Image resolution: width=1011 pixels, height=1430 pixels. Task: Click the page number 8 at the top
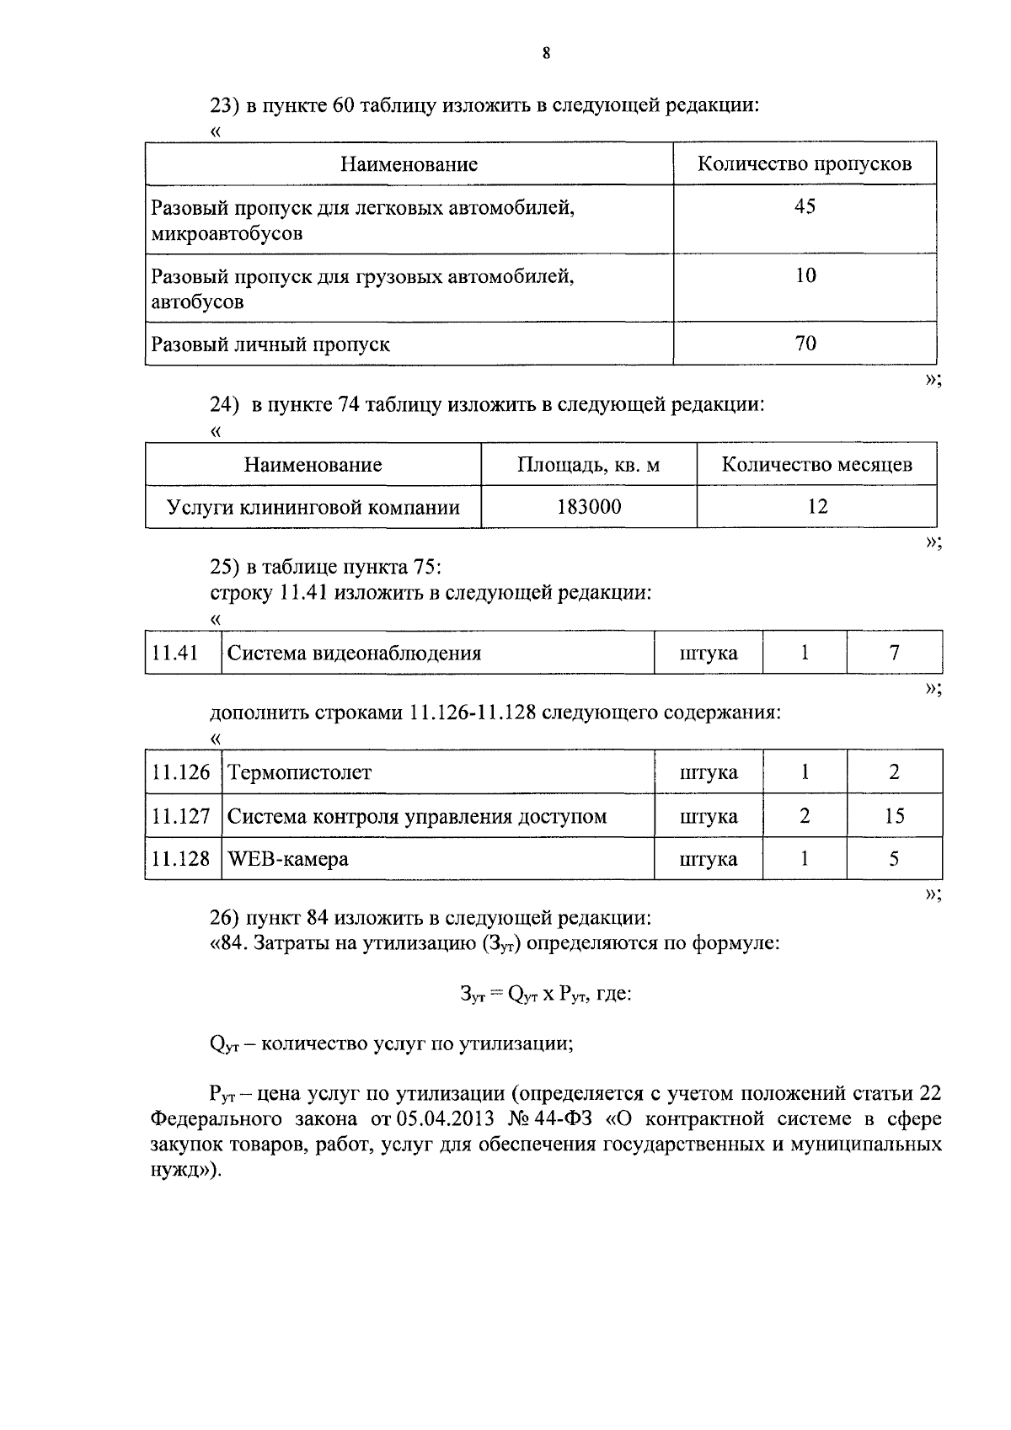[546, 54]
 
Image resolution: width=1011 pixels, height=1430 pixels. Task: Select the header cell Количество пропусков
[804, 163]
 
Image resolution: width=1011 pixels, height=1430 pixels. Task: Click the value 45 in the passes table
[805, 207]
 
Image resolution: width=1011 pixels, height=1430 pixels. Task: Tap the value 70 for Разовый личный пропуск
[805, 344]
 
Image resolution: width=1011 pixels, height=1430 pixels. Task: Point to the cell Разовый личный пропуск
[270, 344]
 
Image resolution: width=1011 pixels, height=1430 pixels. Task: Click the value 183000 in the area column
[589, 507]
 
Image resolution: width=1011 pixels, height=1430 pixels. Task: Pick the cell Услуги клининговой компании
[313, 507]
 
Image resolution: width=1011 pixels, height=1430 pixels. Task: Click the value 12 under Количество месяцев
[816, 507]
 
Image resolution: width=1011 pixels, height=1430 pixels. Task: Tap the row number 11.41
[175, 653]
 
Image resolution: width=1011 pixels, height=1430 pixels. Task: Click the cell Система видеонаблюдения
[355, 653]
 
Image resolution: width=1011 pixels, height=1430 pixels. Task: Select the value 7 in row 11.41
[894, 653]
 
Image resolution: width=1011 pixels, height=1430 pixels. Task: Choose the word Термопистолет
[299, 772]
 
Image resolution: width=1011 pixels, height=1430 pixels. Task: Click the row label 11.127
[181, 816]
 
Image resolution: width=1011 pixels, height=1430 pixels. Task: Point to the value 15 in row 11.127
[894, 816]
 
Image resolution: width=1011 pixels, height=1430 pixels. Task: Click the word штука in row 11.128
[708, 859]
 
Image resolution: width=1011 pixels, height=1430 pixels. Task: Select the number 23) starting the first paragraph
[225, 105]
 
